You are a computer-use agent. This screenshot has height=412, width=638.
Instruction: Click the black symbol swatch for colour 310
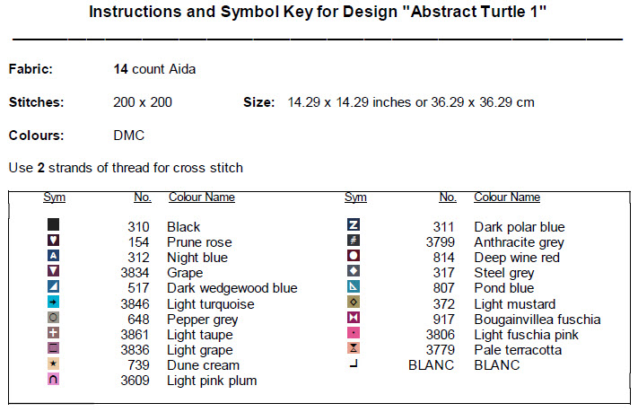point(53,224)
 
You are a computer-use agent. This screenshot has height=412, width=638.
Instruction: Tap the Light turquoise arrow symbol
point(53,302)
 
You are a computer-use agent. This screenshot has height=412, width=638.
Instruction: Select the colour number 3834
point(135,273)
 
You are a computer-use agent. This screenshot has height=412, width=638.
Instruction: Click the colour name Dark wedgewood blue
point(232,288)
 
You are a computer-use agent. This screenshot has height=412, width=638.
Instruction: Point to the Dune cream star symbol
point(53,364)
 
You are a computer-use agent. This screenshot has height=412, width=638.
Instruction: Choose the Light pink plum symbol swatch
point(53,379)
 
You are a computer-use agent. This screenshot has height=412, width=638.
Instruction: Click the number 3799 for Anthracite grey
point(441,242)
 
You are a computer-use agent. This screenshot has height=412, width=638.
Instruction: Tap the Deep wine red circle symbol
point(354,256)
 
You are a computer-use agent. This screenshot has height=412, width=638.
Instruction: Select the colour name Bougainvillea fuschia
point(537,320)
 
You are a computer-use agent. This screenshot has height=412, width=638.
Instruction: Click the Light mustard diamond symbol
point(354,302)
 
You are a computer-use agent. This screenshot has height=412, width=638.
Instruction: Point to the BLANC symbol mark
point(354,364)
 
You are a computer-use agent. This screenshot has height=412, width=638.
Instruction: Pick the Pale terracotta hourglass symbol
point(354,348)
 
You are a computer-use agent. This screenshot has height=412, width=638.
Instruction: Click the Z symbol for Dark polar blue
point(354,224)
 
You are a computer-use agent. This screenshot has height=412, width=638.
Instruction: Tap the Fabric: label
point(31,69)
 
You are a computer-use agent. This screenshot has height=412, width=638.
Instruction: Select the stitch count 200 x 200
point(143,102)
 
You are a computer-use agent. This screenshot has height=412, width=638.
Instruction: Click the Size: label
point(258,102)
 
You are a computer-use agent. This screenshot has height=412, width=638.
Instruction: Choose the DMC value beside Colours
point(129,136)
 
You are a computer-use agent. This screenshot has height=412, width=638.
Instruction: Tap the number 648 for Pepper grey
point(138,320)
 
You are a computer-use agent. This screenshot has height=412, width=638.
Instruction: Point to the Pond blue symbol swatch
point(354,286)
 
